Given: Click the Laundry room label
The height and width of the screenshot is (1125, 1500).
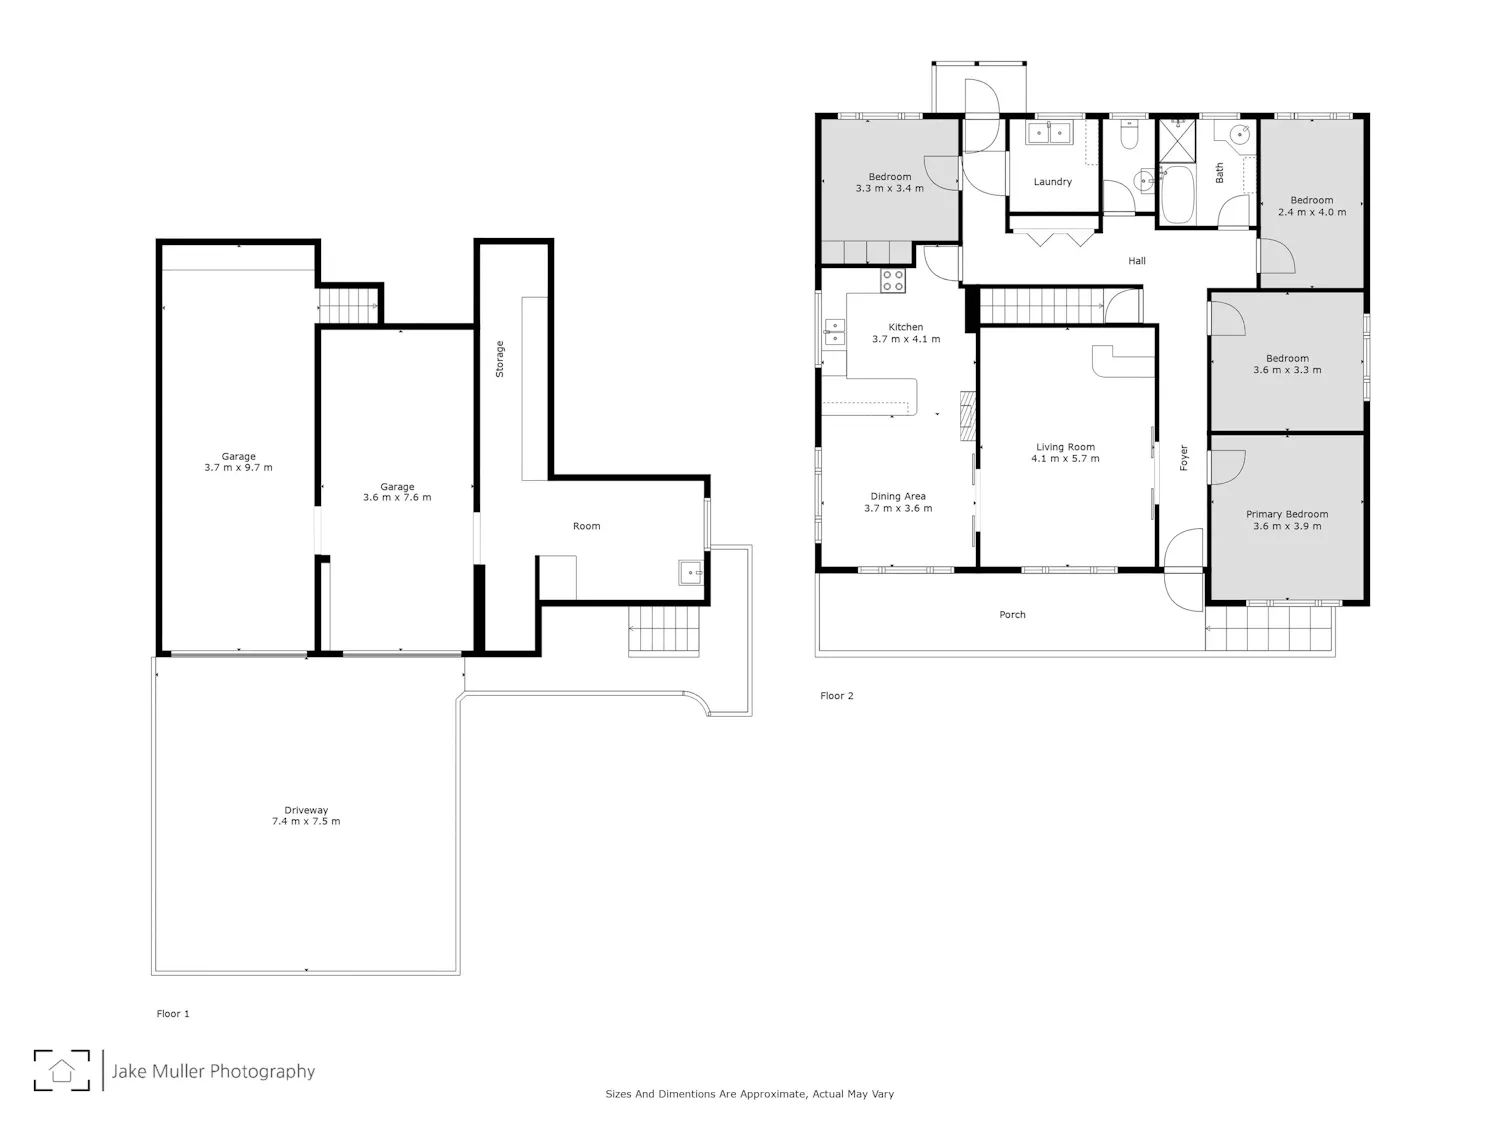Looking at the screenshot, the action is click(x=1052, y=182).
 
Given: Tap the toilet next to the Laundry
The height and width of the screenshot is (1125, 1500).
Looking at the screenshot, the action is click(x=1129, y=135).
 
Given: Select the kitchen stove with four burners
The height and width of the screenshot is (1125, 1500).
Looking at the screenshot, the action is click(x=892, y=280).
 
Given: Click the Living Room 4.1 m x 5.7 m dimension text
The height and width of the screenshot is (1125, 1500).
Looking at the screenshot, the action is click(x=1065, y=458).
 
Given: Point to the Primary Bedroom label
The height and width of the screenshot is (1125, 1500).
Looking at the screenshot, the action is click(x=1287, y=514).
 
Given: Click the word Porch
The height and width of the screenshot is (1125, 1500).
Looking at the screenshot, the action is click(x=1012, y=615).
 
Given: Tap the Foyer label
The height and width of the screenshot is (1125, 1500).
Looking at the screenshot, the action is click(x=1184, y=458).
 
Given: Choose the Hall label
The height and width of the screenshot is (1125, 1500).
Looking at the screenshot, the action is click(x=1136, y=261).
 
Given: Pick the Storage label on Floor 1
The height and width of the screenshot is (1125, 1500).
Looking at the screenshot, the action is click(x=500, y=359).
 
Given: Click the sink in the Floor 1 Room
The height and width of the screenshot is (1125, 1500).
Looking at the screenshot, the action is click(x=690, y=572).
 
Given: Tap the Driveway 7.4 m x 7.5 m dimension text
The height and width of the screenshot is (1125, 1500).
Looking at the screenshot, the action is click(x=306, y=821).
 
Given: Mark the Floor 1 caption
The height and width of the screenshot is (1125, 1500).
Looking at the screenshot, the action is click(x=173, y=1014).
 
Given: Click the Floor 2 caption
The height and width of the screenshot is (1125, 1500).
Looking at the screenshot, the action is click(x=836, y=696).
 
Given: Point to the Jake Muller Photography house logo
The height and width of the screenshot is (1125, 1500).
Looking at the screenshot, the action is click(x=62, y=1070).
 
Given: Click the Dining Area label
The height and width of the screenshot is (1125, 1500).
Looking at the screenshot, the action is click(x=898, y=497).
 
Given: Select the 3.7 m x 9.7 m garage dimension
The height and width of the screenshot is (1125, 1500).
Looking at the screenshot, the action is click(x=238, y=468).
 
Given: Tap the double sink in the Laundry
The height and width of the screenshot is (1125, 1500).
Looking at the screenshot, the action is click(x=1049, y=133).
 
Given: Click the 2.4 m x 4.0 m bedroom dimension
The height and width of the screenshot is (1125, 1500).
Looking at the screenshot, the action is click(x=1312, y=212).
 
